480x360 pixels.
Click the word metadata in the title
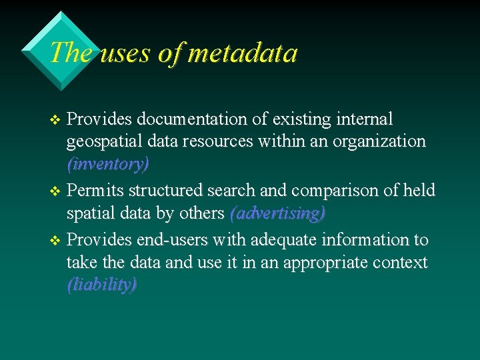(243, 53)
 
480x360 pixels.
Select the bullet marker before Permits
(56, 191)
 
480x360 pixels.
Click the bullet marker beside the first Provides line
(56, 120)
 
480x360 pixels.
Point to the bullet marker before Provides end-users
(56, 240)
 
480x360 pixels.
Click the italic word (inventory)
(108, 163)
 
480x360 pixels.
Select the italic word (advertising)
(277, 213)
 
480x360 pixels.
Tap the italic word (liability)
(102, 285)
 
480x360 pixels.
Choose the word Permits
(95, 191)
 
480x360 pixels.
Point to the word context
(401, 263)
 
